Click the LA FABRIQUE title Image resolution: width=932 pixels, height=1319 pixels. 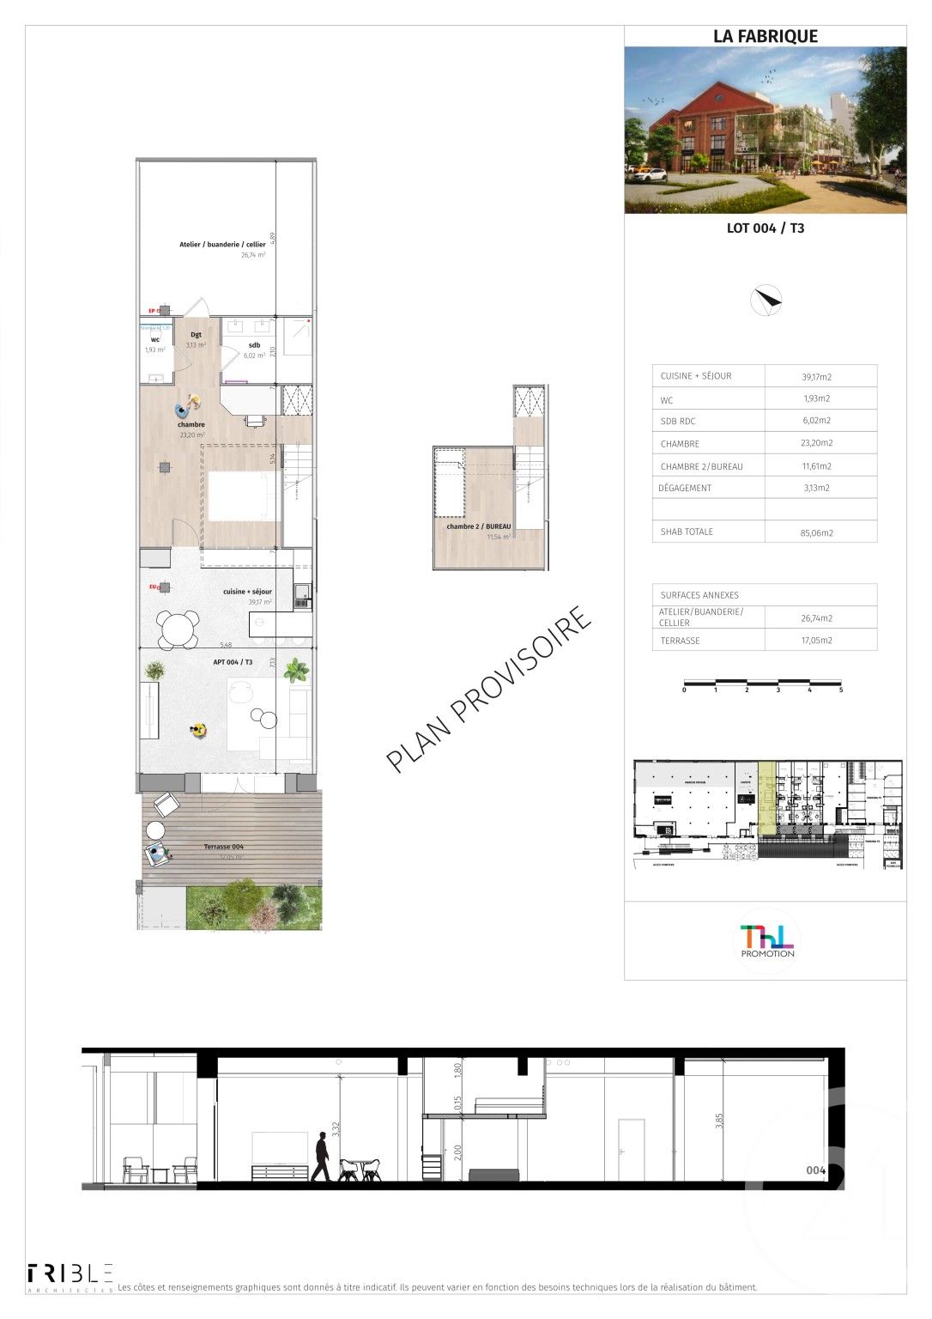click(x=765, y=36)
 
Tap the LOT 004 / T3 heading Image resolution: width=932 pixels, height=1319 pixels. click(x=765, y=228)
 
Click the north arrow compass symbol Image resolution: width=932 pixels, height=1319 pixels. click(x=766, y=300)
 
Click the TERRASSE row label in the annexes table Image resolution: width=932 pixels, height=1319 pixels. click(x=680, y=641)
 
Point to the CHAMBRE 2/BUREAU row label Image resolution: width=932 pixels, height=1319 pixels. click(x=701, y=466)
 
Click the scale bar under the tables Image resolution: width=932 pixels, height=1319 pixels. click(x=762, y=684)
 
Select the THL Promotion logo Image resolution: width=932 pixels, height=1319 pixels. click(x=767, y=940)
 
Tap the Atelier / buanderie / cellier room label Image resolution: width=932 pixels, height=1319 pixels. click(x=222, y=245)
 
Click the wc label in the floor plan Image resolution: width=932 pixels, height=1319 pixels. click(x=155, y=340)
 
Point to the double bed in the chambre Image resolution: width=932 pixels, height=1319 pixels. click(x=244, y=497)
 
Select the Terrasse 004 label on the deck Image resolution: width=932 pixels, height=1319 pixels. click(x=223, y=847)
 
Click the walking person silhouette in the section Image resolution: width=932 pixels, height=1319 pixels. click(x=321, y=1157)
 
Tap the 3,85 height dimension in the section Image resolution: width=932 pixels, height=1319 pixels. click(x=720, y=1121)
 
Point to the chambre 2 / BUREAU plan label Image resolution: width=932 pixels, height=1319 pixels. click(x=478, y=526)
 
